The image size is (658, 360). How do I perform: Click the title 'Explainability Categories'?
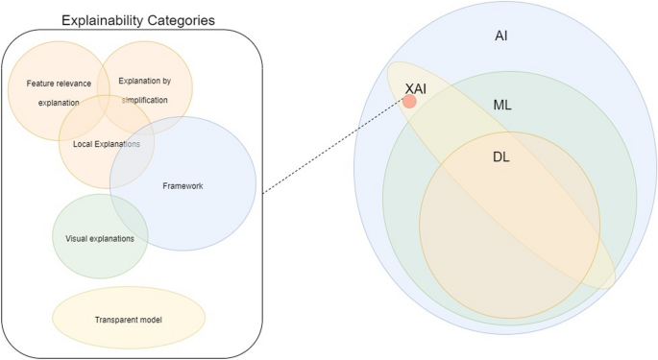tap(137, 19)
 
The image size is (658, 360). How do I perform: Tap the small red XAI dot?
tap(409, 101)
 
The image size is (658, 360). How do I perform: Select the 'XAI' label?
tap(416, 87)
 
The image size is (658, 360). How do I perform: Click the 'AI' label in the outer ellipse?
tap(500, 35)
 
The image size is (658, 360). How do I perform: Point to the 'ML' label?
tap(502, 105)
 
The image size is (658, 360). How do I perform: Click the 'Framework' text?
tap(183, 185)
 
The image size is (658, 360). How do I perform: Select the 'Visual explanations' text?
tap(100, 237)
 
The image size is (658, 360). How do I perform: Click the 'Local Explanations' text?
tap(113, 144)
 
